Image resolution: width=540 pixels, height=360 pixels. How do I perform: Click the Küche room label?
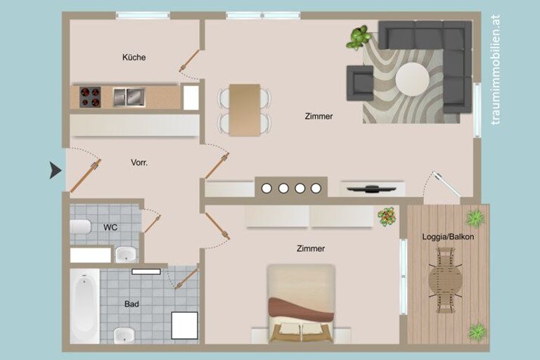coord(134,57)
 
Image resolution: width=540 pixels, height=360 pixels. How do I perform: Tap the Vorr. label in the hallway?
coord(139,162)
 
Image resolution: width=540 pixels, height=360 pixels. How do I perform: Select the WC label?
coord(110,227)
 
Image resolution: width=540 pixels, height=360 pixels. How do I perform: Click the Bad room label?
coord(131,304)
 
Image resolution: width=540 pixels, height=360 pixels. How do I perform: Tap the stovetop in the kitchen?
coord(90,97)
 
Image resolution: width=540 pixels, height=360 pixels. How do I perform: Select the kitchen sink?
coord(129,97)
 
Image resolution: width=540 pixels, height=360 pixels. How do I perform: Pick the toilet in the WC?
coord(80,226)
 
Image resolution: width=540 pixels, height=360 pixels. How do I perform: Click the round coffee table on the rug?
coord(412,79)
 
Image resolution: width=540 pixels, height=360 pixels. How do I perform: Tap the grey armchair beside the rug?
coord(360,83)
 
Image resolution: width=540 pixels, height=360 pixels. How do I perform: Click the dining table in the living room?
coord(245,110)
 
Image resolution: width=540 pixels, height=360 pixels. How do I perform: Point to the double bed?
coord(301,304)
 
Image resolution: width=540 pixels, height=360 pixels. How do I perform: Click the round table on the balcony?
coord(445,280)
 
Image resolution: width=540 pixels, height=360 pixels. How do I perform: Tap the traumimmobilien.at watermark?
coord(496,70)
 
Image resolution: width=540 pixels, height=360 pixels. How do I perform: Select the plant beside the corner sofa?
coord(359,37)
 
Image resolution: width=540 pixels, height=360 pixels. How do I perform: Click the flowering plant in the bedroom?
coord(387,217)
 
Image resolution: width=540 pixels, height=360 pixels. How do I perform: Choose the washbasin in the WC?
coord(126,255)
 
